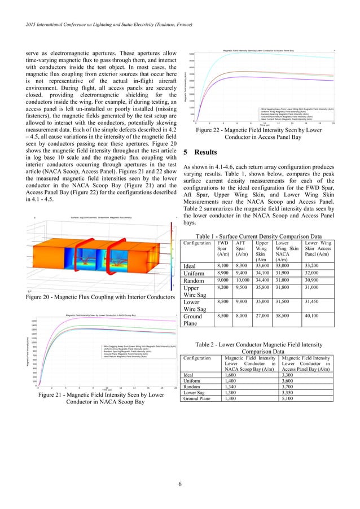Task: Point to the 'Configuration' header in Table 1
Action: tap(197, 243)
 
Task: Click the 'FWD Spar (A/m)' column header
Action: tap(223, 249)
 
